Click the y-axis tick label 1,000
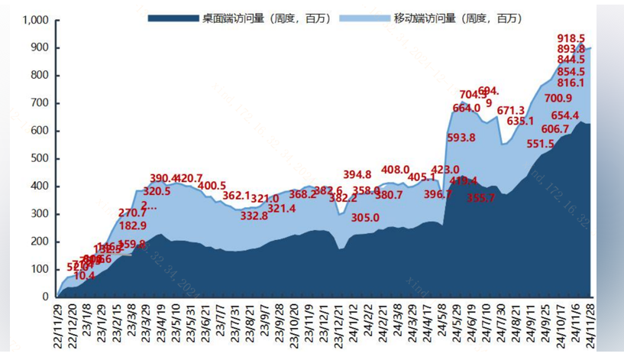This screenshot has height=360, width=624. pyautogui.click(x=35, y=20)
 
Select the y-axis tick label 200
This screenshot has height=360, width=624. pyautogui.click(x=40, y=242)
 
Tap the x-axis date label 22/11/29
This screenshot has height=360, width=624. pyautogui.click(x=58, y=326)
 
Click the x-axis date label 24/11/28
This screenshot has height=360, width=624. pyautogui.click(x=590, y=326)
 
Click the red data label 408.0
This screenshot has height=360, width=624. pyautogui.click(x=396, y=170)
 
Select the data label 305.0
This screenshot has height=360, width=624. pyautogui.click(x=365, y=218)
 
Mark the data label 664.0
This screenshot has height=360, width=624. pyautogui.click(x=467, y=109)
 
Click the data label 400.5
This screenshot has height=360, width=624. pyautogui.click(x=212, y=186)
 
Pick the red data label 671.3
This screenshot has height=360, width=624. pyautogui.click(x=511, y=111)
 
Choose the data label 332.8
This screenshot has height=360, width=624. pyautogui.click(x=254, y=216)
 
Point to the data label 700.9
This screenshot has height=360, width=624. pyautogui.click(x=558, y=98)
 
